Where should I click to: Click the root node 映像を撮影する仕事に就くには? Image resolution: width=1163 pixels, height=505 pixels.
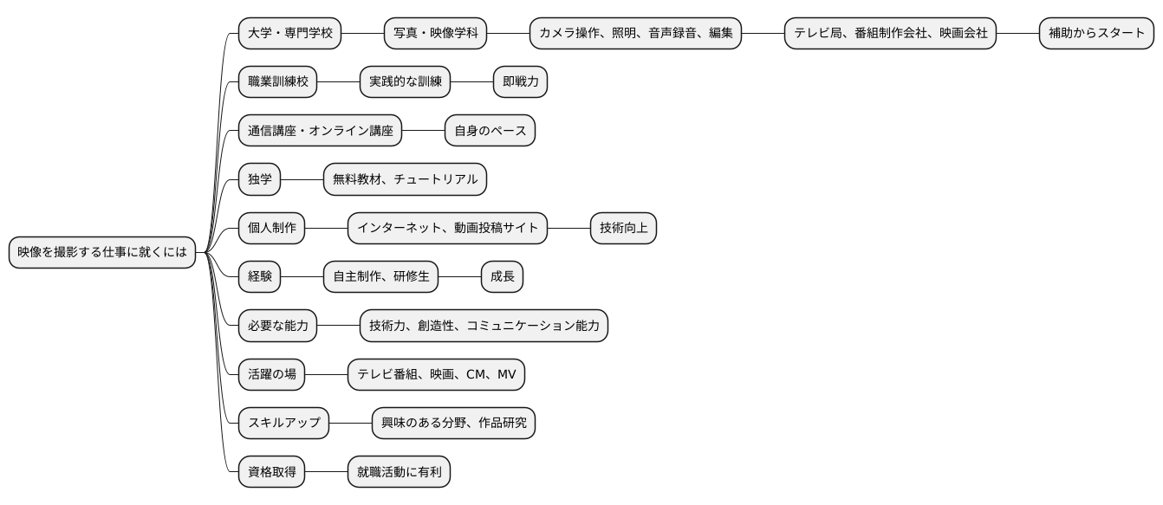click(x=102, y=252)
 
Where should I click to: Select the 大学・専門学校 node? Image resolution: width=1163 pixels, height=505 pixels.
click(x=289, y=34)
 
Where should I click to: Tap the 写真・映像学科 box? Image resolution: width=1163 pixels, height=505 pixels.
click(x=435, y=34)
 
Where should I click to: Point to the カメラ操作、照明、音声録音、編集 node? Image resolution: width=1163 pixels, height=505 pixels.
click(x=635, y=34)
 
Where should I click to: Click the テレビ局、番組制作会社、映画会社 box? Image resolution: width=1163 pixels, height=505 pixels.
click(x=891, y=34)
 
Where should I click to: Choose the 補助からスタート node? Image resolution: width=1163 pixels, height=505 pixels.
click(x=1096, y=34)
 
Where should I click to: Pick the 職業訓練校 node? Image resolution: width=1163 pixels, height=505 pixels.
click(x=277, y=82)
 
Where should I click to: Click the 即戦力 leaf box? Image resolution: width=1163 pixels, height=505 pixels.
click(x=520, y=82)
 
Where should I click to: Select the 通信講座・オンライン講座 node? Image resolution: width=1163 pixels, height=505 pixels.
click(x=320, y=131)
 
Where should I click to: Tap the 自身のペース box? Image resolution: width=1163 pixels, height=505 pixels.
click(x=490, y=131)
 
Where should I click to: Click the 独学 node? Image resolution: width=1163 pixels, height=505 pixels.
click(x=259, y=179)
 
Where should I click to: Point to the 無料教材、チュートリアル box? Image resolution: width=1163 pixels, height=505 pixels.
click(x=405, y=179)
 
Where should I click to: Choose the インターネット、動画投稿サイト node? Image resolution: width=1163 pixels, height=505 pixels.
click(x=447, y=228)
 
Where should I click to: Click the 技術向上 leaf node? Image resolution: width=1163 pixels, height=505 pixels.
click(x=623, y=228)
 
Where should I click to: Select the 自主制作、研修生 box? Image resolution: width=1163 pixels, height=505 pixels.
click(x=380, y=276)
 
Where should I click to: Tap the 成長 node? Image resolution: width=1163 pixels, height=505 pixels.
click(x=502, y=276)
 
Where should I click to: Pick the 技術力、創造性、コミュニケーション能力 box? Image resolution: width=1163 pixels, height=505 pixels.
click(x=484, y=326)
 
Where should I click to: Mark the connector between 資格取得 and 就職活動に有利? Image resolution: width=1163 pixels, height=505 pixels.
click(x=326, y=472)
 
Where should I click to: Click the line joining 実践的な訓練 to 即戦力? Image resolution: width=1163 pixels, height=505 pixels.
click(x=471, y=82)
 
